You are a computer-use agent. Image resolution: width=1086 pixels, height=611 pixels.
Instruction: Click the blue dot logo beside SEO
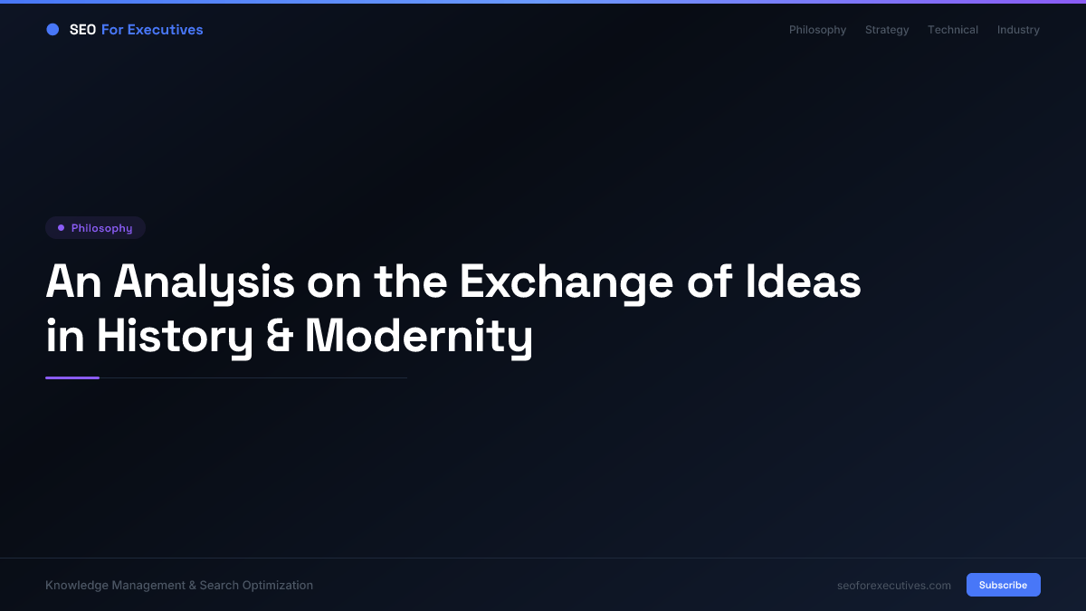52,30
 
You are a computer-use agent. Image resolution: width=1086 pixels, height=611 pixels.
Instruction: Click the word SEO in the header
82,30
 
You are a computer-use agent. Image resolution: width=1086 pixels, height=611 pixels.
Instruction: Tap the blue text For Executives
152,30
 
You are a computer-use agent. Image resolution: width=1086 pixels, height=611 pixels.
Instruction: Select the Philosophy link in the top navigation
817,30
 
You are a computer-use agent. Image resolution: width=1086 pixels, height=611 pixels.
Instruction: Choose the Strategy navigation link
887,30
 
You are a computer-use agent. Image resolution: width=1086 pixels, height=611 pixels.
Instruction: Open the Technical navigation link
952,30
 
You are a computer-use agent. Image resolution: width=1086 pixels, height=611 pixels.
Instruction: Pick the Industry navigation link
1018,30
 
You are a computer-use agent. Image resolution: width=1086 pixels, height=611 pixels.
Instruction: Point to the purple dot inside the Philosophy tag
61,228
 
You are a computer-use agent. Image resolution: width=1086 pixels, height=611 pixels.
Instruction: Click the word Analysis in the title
204,282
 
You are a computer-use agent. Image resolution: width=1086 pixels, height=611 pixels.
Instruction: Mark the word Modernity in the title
418,337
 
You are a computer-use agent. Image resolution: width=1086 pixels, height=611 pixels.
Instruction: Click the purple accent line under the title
72,377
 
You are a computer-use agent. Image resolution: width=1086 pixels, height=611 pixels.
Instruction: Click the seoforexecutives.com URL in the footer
894,586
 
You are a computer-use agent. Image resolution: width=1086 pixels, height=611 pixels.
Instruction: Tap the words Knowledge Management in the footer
115,586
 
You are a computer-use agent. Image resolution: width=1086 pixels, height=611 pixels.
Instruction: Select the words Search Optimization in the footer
256,586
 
